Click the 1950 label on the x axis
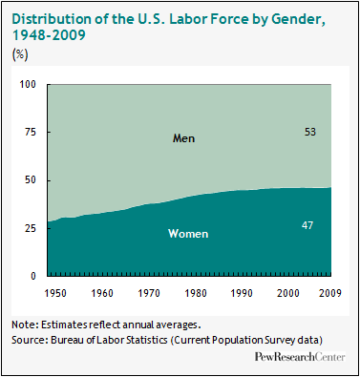click(55, 293)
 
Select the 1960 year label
click(102, 293)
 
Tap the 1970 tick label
click(149, 293)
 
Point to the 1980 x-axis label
click(196, 293)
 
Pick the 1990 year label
click(242, 293)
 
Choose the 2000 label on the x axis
click(288, 293)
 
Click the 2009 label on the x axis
click(330, 293)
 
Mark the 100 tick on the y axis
click(28, 85)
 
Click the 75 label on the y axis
click(31, 133)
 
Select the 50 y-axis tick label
click(31, 180)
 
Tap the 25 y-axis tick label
click(31, 228)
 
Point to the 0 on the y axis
click(33, 276)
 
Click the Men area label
click(183, 138)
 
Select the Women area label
click(188, 234)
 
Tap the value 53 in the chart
click(310, 132)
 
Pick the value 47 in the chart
click(307, 225)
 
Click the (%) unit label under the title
click(20, 54)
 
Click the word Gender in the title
click(298, 19)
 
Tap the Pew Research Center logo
click(300, 357)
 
